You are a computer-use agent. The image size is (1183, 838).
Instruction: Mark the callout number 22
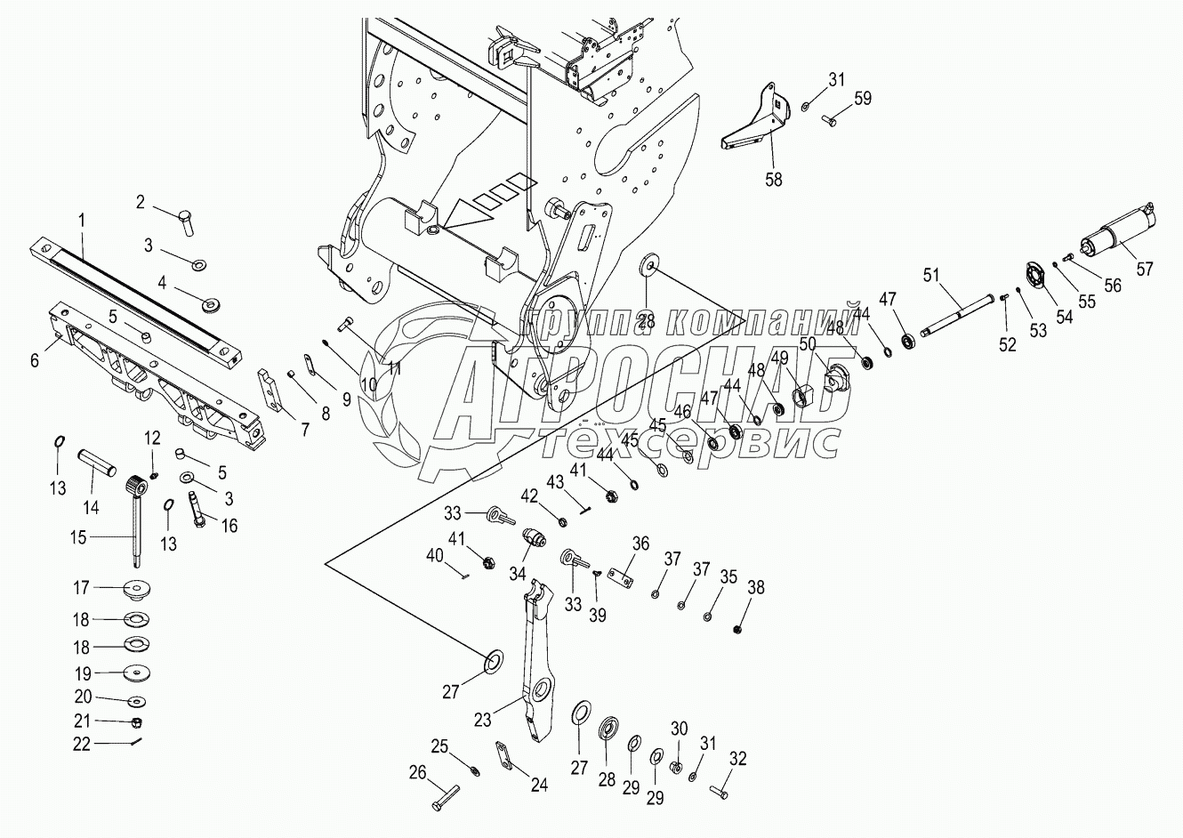click(82, 744)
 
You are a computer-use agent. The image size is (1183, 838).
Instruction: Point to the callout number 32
click(737, 759)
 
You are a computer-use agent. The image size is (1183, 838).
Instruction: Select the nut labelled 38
click(737, 630)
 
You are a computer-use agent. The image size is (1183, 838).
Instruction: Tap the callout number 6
click(35, 359)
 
